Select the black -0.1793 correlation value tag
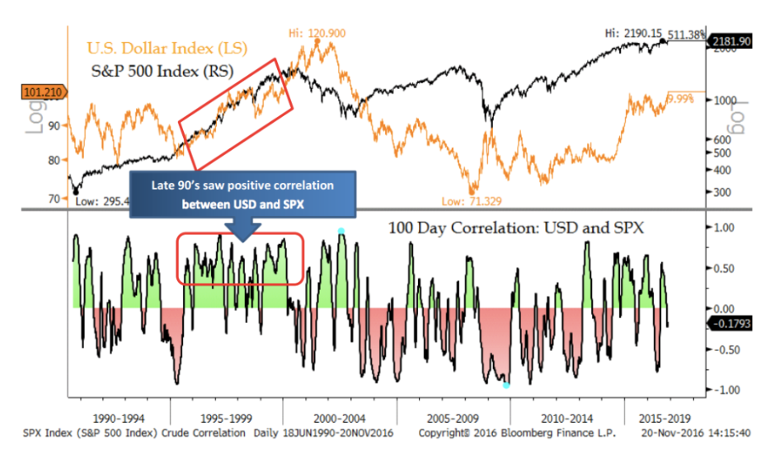pyautogui.click(x=730, y=323)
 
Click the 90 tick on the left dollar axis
pyautogui.click(x=54, y=124)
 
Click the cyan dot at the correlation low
pyautogui.click(x=506, y=385)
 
